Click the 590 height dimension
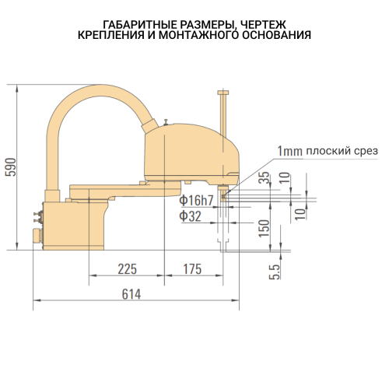pos(11,167)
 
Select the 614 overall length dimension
pos(131,294)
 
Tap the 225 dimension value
pos(127,269)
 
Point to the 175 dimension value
pos(192,269)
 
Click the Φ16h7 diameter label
pos(196,200)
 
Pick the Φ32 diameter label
pos(190,216)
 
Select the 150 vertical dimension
pos(265,228)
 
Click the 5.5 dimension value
pos(275,272)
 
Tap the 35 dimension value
pos(265,177)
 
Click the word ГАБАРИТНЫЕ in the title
pos(141,25)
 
